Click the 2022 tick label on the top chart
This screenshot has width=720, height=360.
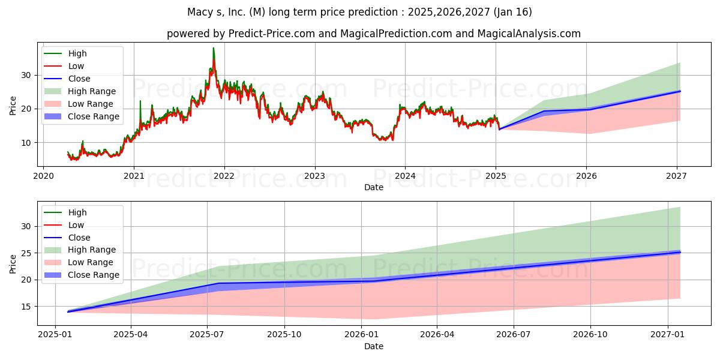[224, 176]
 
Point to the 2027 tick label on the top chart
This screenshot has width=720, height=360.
[677, 176]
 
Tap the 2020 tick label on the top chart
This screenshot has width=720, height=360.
[43, 176]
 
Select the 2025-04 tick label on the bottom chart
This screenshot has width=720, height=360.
[131, 335]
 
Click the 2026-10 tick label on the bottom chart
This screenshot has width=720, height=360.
[590, 335]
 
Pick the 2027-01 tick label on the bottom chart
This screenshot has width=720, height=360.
[668, 335]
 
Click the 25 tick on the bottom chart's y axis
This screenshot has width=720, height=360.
[26, 253]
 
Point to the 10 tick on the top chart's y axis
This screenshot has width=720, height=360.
[26, 143]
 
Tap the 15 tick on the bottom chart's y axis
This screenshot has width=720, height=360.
[26, 307]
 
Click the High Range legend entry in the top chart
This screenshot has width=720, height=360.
[80, 91]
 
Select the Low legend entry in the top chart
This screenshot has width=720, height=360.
[64, 66]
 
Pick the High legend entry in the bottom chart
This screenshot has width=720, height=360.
[65, 212]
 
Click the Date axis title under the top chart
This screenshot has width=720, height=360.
[373, 187]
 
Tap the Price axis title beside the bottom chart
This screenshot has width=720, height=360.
[13, 264]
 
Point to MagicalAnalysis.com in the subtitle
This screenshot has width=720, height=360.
[529, 34]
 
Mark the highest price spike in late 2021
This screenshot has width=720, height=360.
[214, 48]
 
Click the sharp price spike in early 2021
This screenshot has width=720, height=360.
[140, 101]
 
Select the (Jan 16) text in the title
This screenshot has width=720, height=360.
[512, 12]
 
